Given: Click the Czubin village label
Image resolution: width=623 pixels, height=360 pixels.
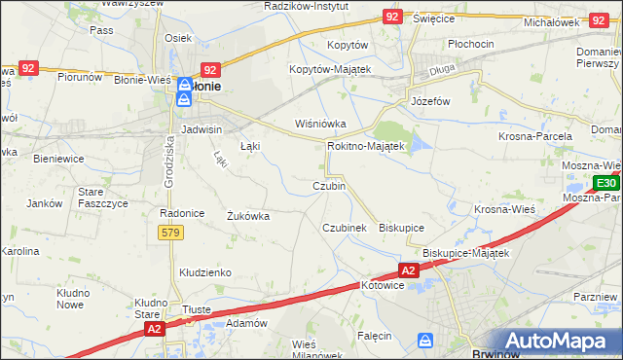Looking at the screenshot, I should tap(328, 186).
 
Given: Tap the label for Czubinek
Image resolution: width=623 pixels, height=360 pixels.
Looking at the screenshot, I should tap(344, 227).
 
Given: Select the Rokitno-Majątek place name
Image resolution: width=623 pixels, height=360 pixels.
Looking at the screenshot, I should tap(365, 145).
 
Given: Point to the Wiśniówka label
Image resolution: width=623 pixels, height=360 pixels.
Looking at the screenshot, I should tap(314, 124).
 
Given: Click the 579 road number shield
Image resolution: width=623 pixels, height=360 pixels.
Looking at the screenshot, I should tap(170, 232).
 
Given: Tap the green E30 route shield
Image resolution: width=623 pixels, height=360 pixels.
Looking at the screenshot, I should tap(605, 183).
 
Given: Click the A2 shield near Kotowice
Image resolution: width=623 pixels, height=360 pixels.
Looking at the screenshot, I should tap(409, 270).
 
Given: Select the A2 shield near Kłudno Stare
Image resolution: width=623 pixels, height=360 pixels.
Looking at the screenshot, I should tap(154, 331).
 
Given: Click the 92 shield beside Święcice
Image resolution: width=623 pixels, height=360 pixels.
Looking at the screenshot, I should tap(392, 17).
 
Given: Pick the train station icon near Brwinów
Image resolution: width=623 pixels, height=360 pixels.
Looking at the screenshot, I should tap(425, 340).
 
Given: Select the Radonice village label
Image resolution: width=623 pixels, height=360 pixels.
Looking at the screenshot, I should tap(180, 213).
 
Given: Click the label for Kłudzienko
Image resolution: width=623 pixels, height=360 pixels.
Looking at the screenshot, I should tap(202, 273).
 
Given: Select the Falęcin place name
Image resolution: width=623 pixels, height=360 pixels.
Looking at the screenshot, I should tap(374, 336).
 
